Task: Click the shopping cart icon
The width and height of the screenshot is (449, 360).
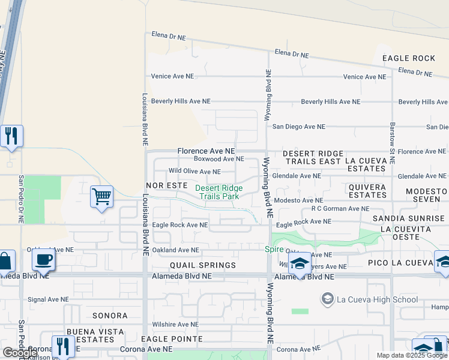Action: click(101, 197)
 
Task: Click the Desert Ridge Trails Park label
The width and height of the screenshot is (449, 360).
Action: click(219, 192)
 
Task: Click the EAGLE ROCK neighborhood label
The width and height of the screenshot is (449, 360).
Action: click(408, 58)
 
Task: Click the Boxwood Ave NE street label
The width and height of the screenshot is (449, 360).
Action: click(218, 159)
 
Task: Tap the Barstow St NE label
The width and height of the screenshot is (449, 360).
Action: click(392, 144)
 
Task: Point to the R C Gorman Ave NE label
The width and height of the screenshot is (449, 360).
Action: click(340, 209)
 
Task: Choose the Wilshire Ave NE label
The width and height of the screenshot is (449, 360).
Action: click(175, 324)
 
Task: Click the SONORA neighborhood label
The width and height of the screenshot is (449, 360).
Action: click(110, 315)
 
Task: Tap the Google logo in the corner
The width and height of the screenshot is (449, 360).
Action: click(20, 353)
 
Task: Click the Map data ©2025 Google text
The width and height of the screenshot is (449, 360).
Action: click(411, 355)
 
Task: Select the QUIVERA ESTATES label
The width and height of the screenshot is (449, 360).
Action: click(367, 191)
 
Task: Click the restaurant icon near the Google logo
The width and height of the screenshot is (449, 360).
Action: click(62, 346)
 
